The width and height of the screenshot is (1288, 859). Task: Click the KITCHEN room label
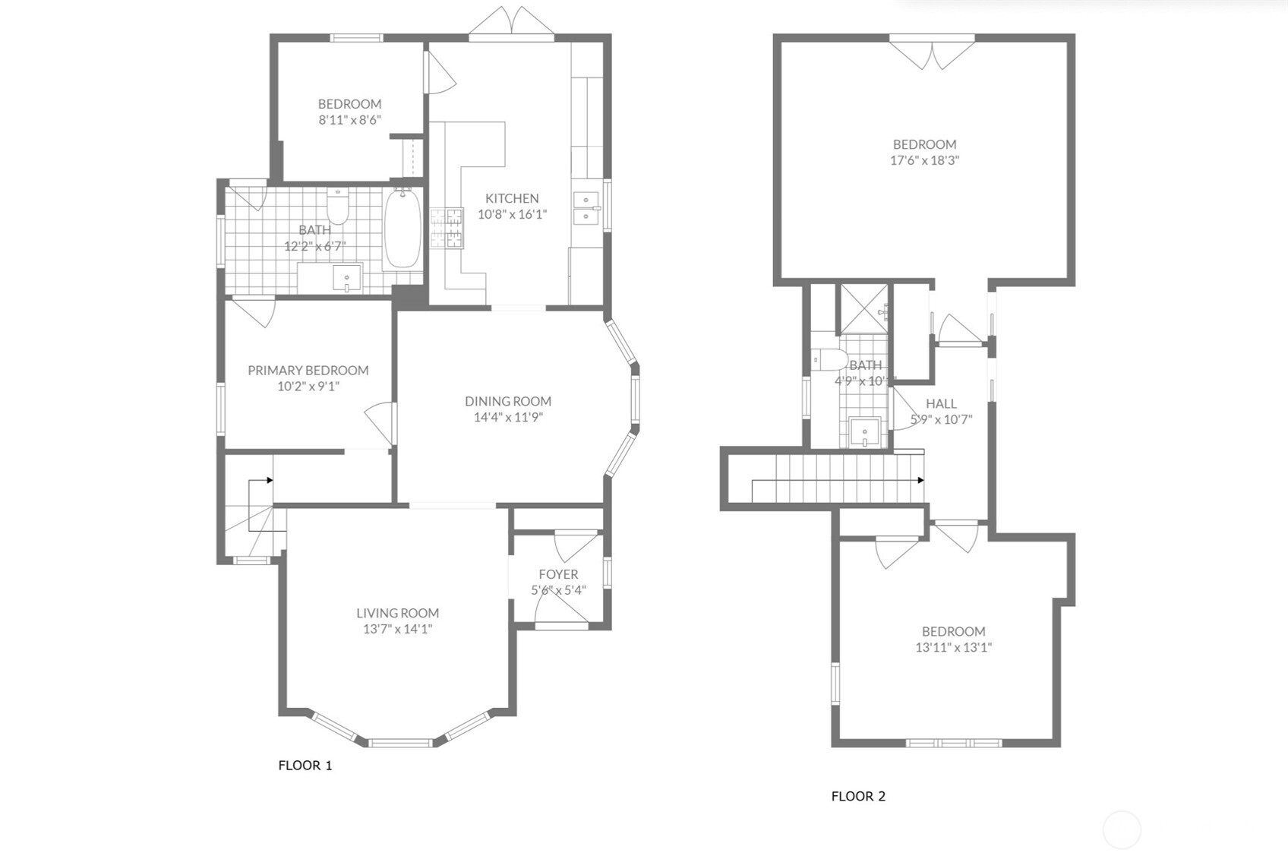(x=512, y=198)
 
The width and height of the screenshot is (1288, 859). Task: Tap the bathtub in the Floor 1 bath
(x=402, y=229)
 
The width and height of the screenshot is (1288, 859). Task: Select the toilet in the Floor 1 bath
(x=337, y=207)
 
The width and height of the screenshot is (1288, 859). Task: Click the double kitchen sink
(x=586, y=209)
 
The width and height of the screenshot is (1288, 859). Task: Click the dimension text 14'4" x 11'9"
(x=508, y=417)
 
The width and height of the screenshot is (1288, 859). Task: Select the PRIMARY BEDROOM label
(x=308, y=370)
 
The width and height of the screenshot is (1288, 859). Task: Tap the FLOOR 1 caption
(x=305, y=765)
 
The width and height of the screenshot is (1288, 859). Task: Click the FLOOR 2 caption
(x=858, y=796)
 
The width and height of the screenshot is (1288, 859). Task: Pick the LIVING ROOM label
(x=397, y=613)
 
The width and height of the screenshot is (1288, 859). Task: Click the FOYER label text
(x=558, y=574)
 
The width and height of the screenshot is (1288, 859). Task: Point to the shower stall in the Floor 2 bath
(x=862, y=308)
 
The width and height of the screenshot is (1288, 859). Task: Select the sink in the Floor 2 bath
(x=864, y=433)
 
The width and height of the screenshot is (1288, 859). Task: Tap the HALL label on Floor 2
(x=941, y=403)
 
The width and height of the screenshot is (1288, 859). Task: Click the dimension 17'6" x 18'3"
(x=924, y=160)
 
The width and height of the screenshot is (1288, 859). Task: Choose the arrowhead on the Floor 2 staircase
(x=920, y=480)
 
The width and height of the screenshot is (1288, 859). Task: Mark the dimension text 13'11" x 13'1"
(x=953, y=648)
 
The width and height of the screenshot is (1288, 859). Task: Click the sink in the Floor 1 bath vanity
(x=347, y=278)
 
